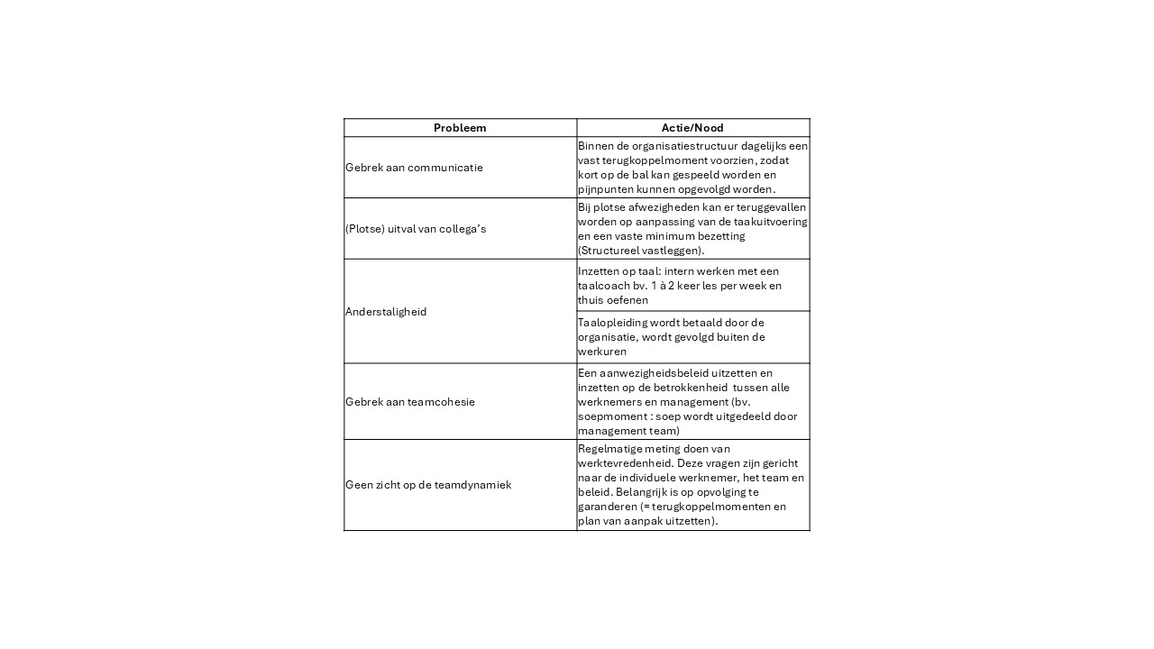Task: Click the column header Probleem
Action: pyautogui.click(x=460, y=128)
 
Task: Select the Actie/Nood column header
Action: pyautogui.click(x=692, y=128)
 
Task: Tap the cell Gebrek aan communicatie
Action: pyautogui.click(x=414, y=168)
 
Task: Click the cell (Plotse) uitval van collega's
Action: pyautogui.click(x=416, y=229)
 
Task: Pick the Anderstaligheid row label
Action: pyautogui.click(x=386, y=312)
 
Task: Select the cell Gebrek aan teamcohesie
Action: pyautogui.click(x=410, y=402)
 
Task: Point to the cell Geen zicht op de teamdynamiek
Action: pyautogui.click(x=428, y=485)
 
